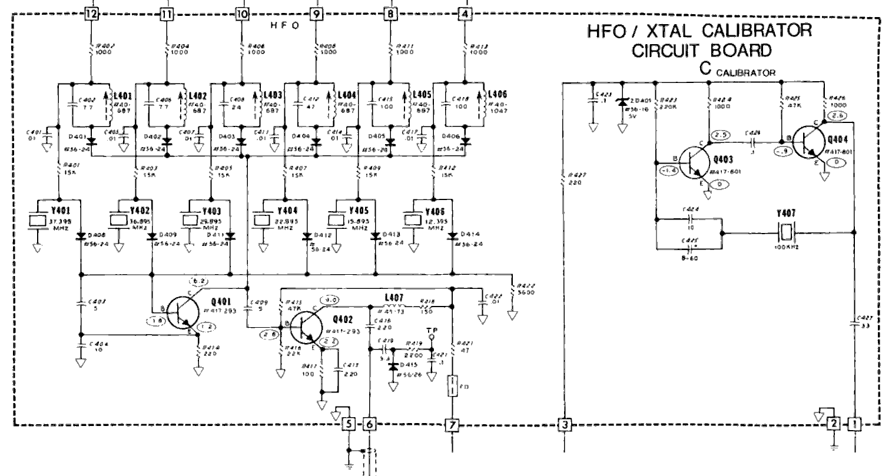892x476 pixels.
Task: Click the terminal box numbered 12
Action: (x=91, y=12)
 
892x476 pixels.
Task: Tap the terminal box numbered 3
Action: (x=564, y=424)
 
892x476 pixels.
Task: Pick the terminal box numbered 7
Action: (x=452, y=424)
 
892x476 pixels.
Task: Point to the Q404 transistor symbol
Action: (x=808, y=143)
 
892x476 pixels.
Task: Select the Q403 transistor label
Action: (x=724, y=159)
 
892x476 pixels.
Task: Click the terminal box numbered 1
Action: (x=854, y=422)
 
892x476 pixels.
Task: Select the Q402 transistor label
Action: (x=343, y=320)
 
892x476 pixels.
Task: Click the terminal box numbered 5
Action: (x=349, y=424)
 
